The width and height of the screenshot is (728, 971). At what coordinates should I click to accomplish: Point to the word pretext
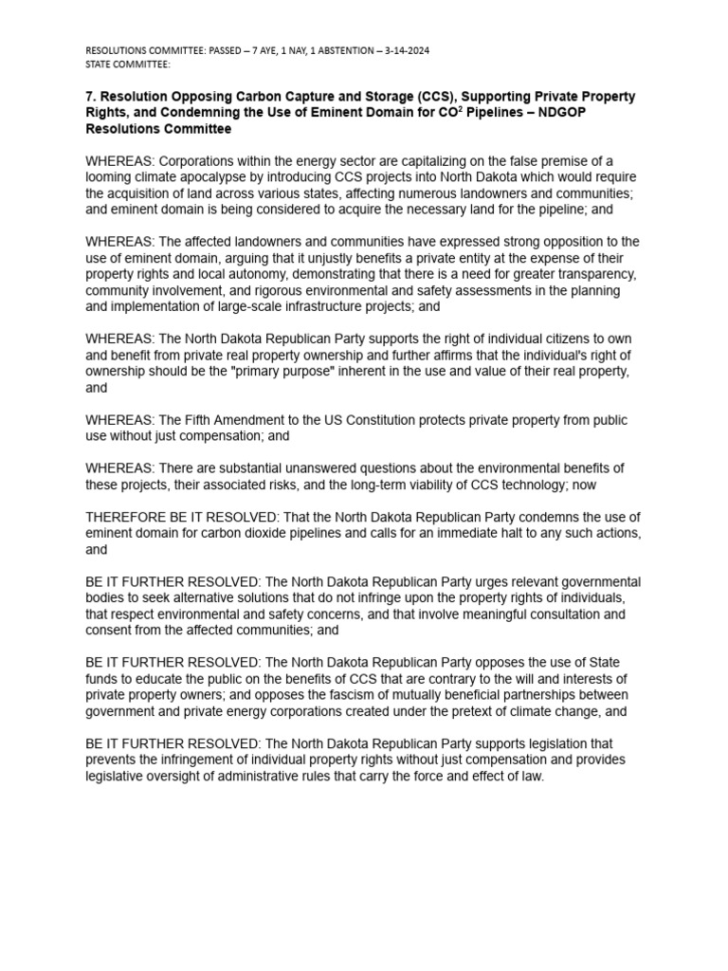(x=482, y=710)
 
